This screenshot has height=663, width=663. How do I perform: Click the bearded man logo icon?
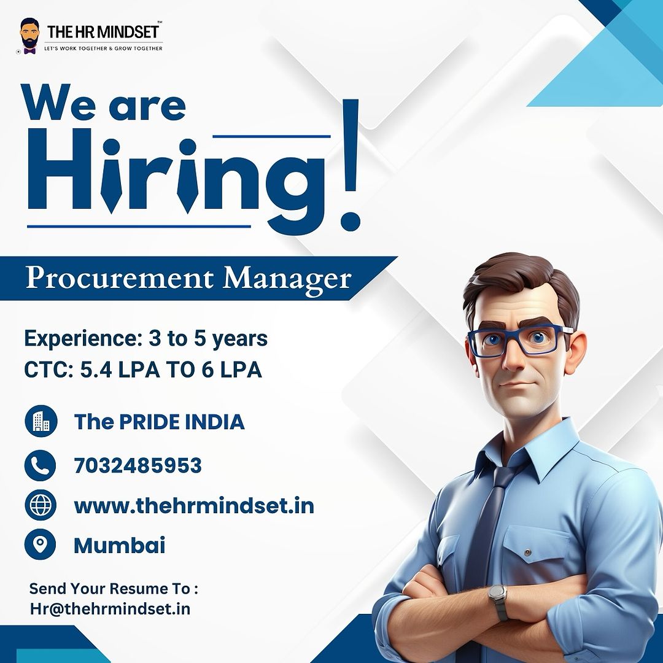click(29, 36)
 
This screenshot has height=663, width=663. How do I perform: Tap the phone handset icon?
click(40, 465)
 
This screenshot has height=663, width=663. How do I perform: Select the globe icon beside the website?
click(40, 505)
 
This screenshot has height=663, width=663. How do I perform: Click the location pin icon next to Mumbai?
click(40, 544)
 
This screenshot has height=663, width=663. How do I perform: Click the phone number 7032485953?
click(138, 465)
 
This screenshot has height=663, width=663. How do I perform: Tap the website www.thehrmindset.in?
click(194, 505)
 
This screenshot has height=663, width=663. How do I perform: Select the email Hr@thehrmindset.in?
click(110, 609)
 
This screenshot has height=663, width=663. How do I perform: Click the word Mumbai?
click(119, 545)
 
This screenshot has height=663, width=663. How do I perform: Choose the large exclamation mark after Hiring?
click(351, 165)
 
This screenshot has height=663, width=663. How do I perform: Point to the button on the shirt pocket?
click(527, 552)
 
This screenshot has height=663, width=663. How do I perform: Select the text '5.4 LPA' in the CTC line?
click(120, 370)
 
